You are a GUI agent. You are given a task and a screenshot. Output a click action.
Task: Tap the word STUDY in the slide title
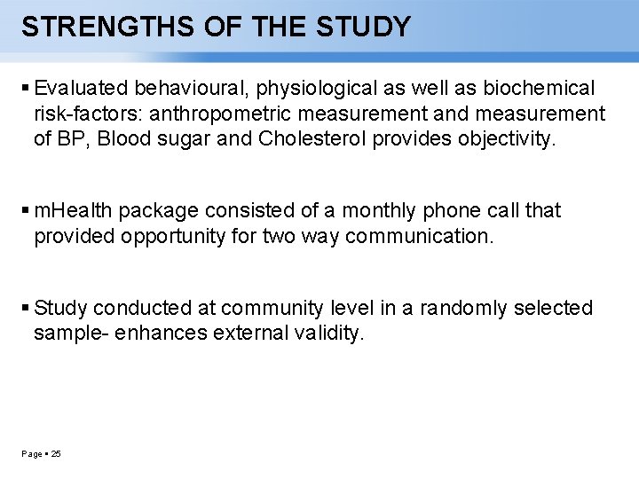point(364,27)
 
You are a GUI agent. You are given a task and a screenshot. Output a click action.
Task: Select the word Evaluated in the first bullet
point(82,88)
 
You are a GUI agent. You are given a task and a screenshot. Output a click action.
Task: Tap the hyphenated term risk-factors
point(83,114)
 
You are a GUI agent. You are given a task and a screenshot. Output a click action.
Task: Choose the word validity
point(327,334)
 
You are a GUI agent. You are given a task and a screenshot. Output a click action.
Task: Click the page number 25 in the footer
point(56,454)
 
